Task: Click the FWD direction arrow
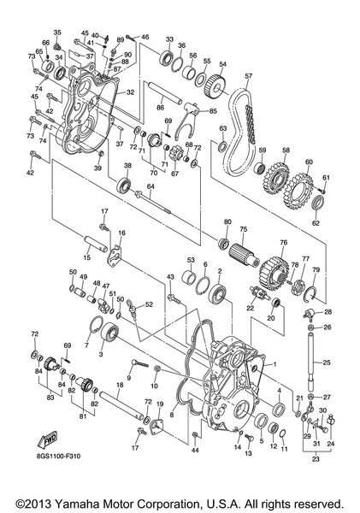(x=47, y=440)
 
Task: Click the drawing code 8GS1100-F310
(x=59, y=456)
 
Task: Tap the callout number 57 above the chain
(x=248, y=76)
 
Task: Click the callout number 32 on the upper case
(x=130, y=92)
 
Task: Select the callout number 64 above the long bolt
(x=150, y=186)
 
